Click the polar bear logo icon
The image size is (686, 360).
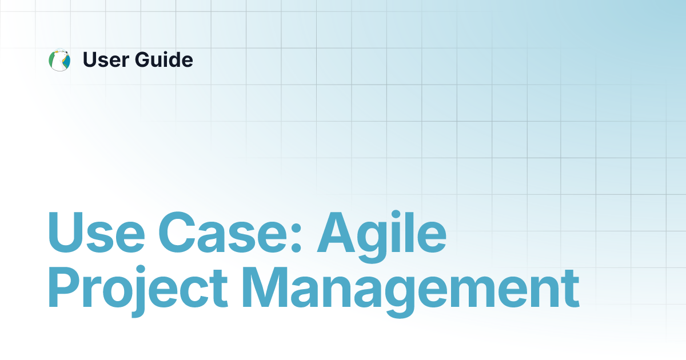[x=59, y=60]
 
